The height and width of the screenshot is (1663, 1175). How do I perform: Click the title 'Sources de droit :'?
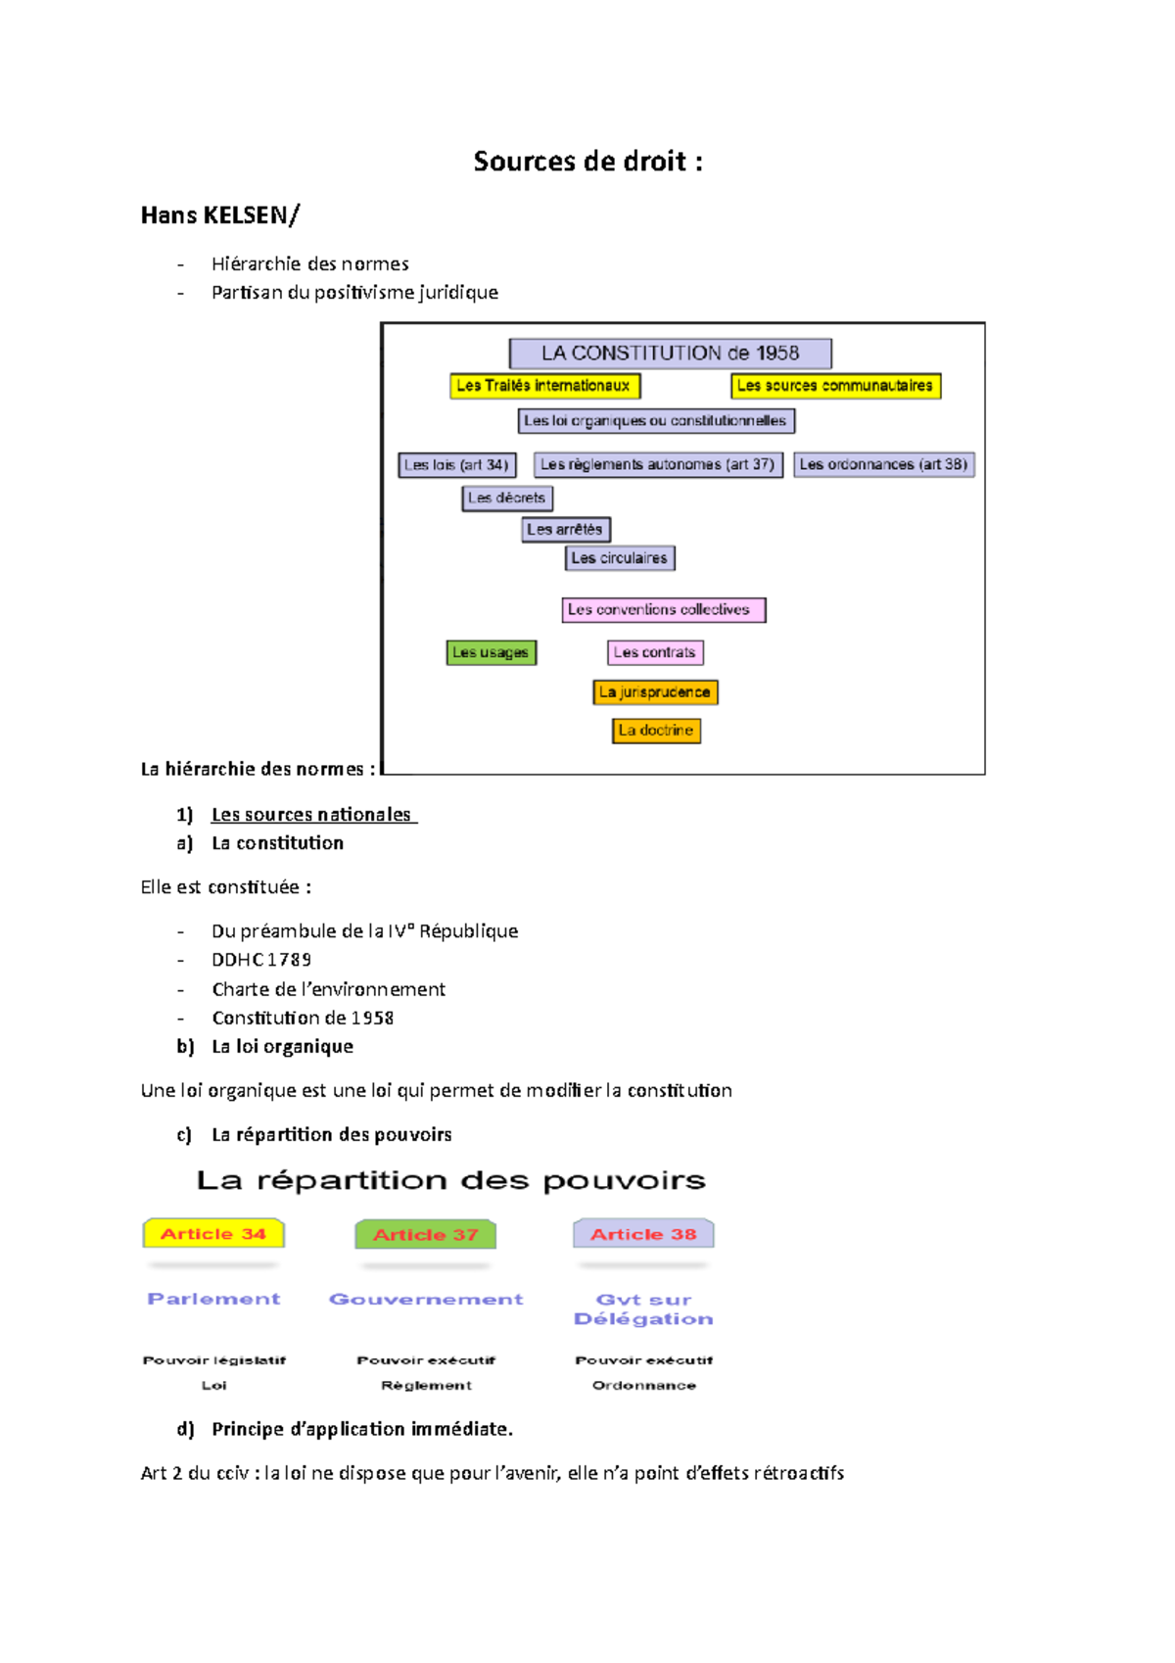point(587,162)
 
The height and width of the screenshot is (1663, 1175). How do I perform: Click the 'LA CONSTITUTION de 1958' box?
point(670,354)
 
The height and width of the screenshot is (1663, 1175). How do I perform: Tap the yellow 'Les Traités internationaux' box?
point(544,386)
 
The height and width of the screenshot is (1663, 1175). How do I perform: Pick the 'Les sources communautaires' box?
point(835,386)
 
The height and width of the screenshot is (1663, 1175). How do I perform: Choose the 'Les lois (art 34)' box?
point(456,465)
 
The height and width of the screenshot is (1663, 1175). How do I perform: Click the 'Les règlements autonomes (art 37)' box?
point(657,465)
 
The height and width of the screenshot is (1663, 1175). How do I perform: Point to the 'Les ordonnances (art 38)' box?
point(883,464)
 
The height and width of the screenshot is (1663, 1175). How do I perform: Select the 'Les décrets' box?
point(506,499)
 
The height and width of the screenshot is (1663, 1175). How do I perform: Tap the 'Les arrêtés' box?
point(565,530)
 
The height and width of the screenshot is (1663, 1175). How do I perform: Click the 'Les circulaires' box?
point(620,558)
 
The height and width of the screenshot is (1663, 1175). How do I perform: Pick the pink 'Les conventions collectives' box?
point(663,610)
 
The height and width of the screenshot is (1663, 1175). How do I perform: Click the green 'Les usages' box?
point(491,652)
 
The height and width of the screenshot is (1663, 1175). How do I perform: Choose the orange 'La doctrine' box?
point(656,731)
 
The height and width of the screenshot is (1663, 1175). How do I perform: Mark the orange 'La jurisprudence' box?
point(655,692)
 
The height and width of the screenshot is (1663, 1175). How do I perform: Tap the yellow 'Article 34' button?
point(213,1234)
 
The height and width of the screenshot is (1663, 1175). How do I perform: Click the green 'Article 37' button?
point(426,1235)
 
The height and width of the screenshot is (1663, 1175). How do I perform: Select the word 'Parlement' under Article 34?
point(213,1300)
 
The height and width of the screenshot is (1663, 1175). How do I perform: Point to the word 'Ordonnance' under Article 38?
point(644,1386)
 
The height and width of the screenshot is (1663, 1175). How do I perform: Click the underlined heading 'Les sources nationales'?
point(311,815)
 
